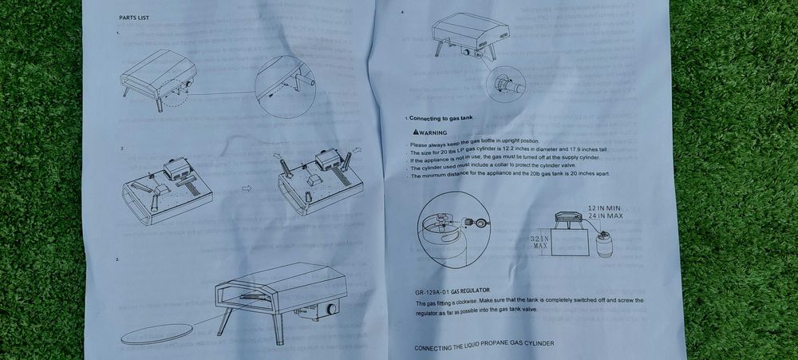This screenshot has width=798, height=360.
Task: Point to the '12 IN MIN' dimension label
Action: coord(603,208)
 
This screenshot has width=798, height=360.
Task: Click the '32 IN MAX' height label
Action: coord(541,243)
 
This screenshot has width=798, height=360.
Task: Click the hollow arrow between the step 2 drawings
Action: coord(247,188)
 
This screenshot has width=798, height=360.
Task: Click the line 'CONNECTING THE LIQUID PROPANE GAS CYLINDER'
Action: coord(484,345)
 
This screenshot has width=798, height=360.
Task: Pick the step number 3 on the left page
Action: coord(118,261)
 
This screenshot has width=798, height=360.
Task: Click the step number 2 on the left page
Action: coord(120,149)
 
